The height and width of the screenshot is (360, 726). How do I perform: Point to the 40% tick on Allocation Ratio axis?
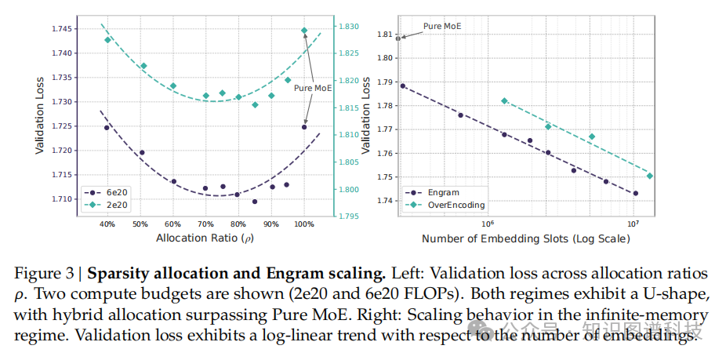pyautogui.click(x=107, y=224)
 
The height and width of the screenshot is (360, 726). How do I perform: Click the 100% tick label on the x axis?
pyautogui.click(x=304, y=224)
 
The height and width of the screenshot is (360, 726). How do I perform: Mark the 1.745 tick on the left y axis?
pyautogui.click(x=64, y=29)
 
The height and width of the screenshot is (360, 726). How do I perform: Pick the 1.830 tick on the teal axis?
pyautogui.click(x=350, y=27)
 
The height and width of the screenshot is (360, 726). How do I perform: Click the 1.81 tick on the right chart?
pyautogui.click(x=384, y=35)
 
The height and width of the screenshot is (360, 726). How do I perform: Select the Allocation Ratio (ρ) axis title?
pyautogui.click(x=205, y=237)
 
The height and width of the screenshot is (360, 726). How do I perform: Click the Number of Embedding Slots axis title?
pyautogui.click(x=525, y=238)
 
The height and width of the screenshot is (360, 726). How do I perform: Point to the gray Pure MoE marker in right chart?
pyautogui.click(x=398, y=38)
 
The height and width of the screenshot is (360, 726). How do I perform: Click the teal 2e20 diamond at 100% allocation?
pyautogui.click(x=304, y=31)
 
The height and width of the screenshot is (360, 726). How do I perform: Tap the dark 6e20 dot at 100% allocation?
pyautogui.click(x=304, y=127)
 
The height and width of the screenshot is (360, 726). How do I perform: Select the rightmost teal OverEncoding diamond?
pyautogui.click(x=649, y=176)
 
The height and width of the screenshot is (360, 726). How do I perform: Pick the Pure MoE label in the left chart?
pyautogui.click(x=313, y=89)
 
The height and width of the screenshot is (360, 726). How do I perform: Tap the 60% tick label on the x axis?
pyautogui.click(x=173, y=224)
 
